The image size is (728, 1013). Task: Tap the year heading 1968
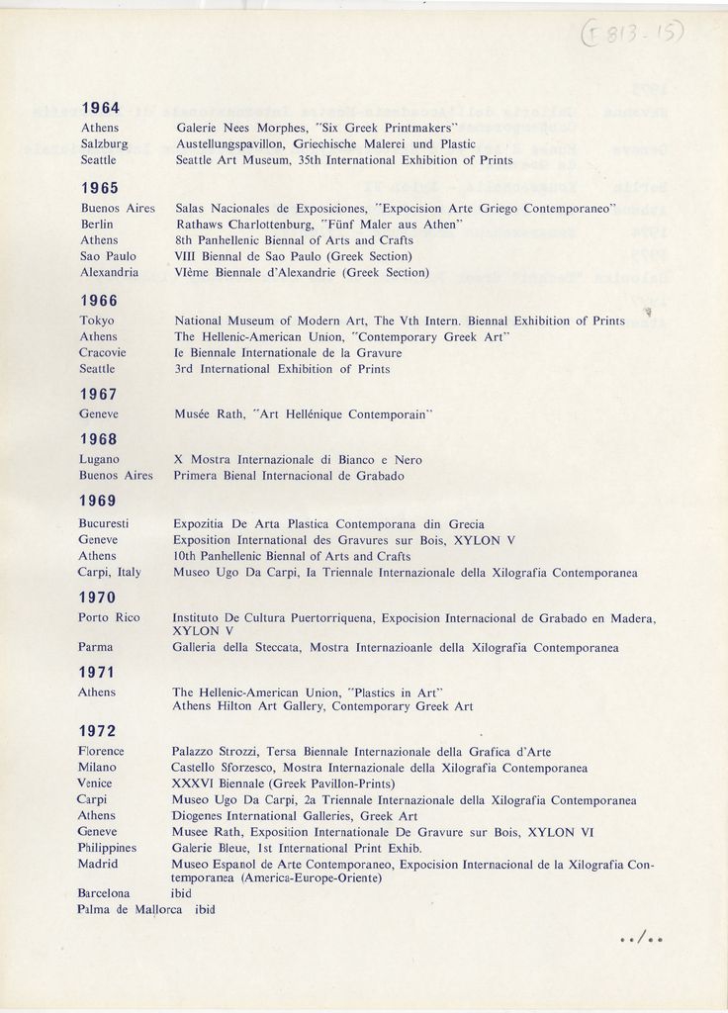pyautogui.click(x=98, y=438)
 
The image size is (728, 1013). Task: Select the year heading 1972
pyautogui.click(x=98, y=731)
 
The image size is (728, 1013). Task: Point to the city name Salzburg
pyautogui.click(x=105, y=143)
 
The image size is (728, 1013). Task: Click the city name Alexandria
pyautogui.click(x=109, y=272)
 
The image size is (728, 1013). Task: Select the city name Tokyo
pyautogui.click(x=96, y=321)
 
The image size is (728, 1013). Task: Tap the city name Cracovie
pyautogui.click(x=104, y=352)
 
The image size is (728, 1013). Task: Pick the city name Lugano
pyautogui.click(x=99, y=459)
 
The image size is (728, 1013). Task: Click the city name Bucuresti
pyautogui.click(x=107, y=523)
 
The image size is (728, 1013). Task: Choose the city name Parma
pyautogui.click(x=96, y=647)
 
